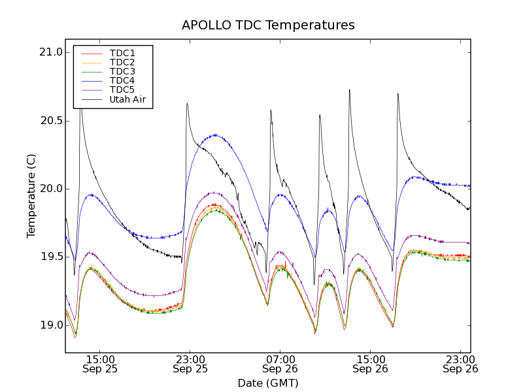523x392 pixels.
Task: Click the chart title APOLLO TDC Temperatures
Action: (268, 25)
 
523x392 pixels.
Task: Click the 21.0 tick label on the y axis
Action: (50, 52)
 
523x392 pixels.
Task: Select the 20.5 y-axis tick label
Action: (50, 121)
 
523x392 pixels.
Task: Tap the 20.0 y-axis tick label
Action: (50, 189)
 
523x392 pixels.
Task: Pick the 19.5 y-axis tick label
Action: (50, 257)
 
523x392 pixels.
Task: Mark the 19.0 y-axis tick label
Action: (50, 325)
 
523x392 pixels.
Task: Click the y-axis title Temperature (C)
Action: (31, 196)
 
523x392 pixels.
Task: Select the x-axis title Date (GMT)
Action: (268, 383)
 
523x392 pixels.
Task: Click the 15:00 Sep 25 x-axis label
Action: (100, 364)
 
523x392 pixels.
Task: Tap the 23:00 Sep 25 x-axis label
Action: (190, 364)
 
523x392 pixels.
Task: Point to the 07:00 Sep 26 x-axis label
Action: (280, 364)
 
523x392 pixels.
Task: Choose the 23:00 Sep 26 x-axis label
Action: (460, 364)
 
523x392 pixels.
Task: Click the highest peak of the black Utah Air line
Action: (350, 90)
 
